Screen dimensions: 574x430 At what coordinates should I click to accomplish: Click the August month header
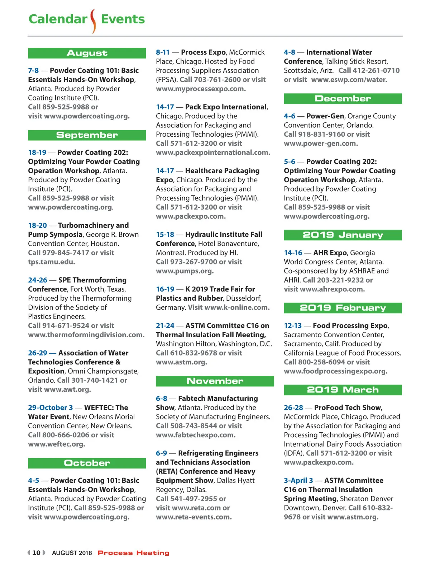click(x=87, y=53)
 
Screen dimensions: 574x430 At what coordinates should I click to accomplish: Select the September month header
click(x=87, y=135)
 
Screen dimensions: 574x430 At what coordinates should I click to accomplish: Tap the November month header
click(x=215, y=381)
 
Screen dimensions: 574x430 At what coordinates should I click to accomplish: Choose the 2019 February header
click(x=343, y=308)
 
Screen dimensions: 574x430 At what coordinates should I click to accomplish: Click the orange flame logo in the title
click(x=94, y=21)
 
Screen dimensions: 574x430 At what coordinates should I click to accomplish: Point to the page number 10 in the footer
click(x=36, y=553)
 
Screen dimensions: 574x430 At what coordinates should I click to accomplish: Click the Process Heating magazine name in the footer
click(x=133, y=553)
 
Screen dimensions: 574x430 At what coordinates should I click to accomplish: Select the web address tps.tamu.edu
click(x=52, y=262)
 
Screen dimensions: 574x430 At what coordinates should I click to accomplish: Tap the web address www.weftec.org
click(x=57, y=444)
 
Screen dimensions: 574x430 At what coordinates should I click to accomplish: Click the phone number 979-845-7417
click(x=66, y=253)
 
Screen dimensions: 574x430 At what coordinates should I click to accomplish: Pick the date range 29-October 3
click(x=51, y=408)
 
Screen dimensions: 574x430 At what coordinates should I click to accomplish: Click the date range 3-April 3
click(x=298, y=480)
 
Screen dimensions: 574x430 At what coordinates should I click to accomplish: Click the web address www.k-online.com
click(x=237, y=307)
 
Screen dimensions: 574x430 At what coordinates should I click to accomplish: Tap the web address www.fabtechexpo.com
click(x=196, y=435)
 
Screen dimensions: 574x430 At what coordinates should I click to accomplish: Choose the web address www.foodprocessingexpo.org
click(x=336, y=371)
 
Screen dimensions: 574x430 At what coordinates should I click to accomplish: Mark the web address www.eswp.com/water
click(x=349, y=80)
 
